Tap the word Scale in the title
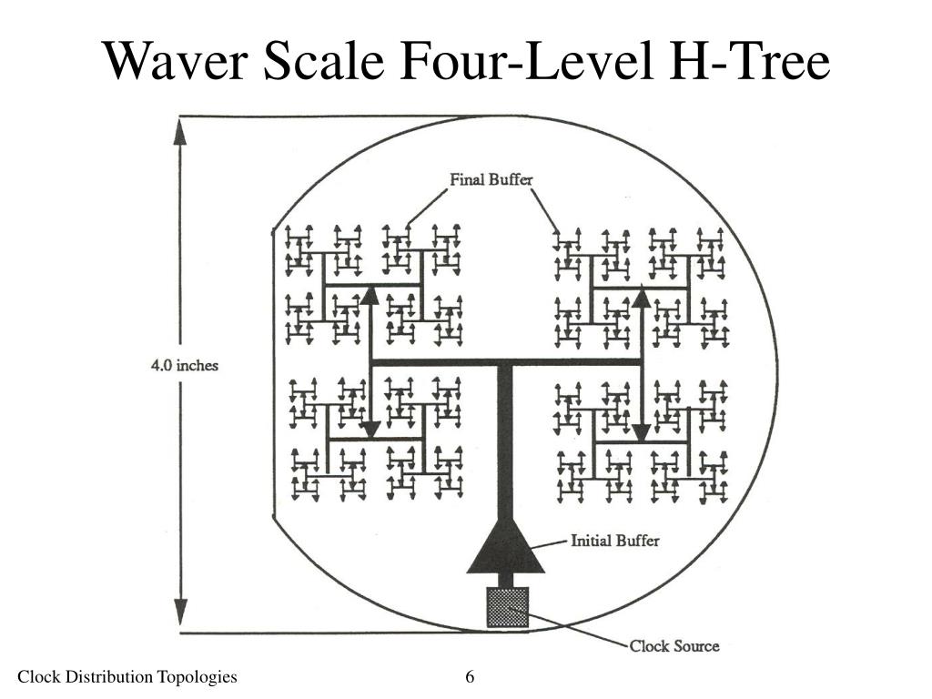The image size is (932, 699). coord(325,60)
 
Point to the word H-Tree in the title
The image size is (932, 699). coord(749,60)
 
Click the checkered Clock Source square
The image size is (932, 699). coord(508,607)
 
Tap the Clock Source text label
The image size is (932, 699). coord(674,646)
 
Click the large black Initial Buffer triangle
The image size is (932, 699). coord(505,547)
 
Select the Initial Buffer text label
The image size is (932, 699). coord(614,541)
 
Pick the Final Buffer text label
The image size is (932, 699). coord(491,179)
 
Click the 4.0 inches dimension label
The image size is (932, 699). coord(184,365)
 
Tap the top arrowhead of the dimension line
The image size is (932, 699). coord(180,131)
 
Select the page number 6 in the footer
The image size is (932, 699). coord(470,676)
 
